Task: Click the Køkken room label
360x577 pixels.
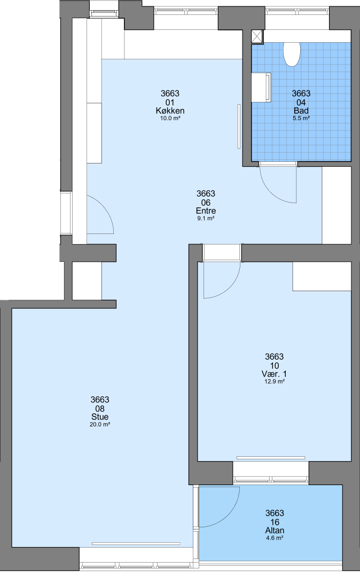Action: coord(170,111)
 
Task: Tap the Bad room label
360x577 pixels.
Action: coord(301,111)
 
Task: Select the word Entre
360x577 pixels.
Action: coord(206,211)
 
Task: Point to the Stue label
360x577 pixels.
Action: coord(100,417)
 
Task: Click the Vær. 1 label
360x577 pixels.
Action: coord(275,374)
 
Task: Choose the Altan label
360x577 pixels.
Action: coord(275,531)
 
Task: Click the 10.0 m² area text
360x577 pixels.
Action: coord(170,118)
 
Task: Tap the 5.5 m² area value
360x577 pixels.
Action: coord(301,118)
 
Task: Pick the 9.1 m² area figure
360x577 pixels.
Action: coord(206,218)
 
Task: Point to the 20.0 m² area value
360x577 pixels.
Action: coord(100,424)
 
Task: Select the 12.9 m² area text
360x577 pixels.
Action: coord(275,381)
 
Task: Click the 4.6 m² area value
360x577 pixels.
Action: coord(275,537)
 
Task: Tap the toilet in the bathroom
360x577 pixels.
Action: coord(292,54)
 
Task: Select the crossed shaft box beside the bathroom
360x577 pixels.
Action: coord(257,37)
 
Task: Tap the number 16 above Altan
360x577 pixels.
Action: coord(275,522)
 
